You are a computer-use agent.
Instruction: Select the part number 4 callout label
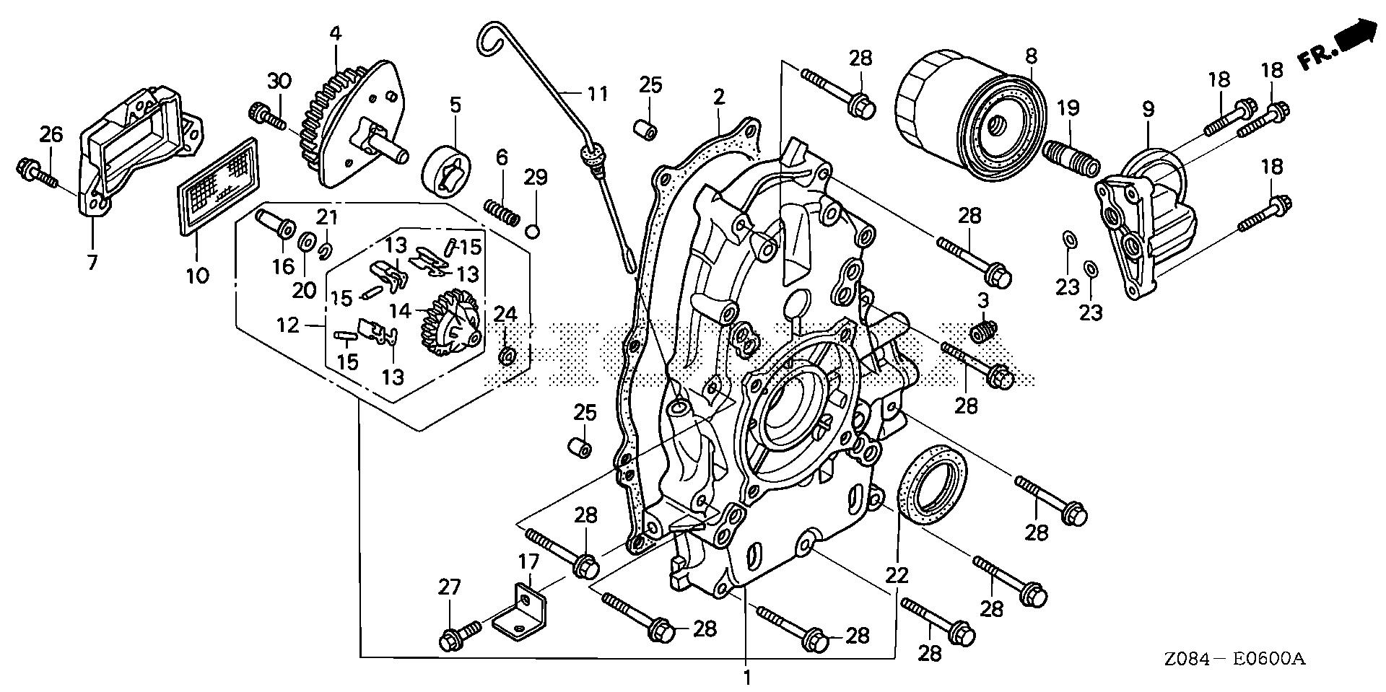(335, 34)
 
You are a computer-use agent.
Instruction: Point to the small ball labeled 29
(534, 231)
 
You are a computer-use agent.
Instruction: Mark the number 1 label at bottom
(747, 678)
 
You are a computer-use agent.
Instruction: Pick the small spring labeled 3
(985, 331)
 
